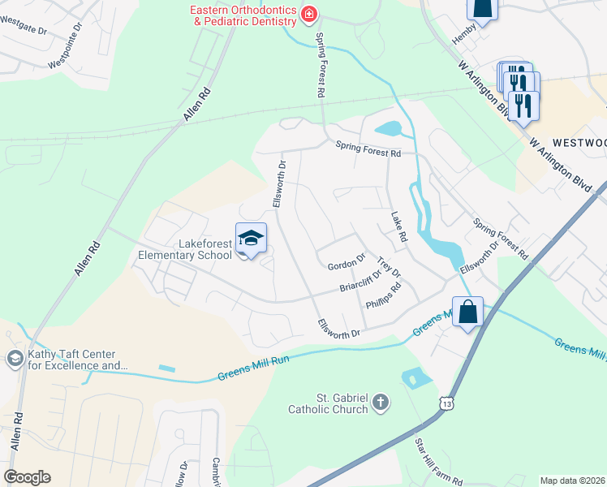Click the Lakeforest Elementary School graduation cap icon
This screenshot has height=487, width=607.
pyautogui.click(x=251, y=239)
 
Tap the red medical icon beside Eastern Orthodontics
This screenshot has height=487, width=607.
pyautogui.click(x=308, y=13)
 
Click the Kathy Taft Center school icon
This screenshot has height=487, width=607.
pyautogui.click(x=14, y=359)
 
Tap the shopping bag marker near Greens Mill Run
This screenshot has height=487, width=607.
pyautogui.click(x=468, y=312)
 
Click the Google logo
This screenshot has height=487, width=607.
pyautogui.click(x=27, y=477)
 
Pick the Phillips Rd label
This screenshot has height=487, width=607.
pyautogui.click(x=383, y=296)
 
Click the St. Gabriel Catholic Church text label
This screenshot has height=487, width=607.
pyautogui.click(x=329, y=403)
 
